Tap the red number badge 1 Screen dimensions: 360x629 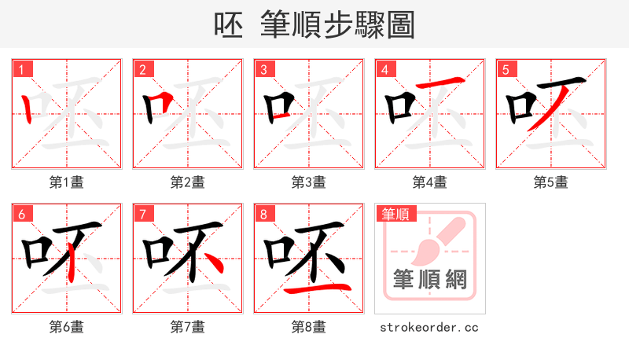point(21,70)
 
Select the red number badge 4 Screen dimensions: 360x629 point(384,70)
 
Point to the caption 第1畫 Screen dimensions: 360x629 point(67,182)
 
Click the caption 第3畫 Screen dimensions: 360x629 point(309,182)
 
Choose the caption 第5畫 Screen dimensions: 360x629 point(551,182)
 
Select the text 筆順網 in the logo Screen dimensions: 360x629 point(430,280)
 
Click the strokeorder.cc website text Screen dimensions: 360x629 point(430,327)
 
